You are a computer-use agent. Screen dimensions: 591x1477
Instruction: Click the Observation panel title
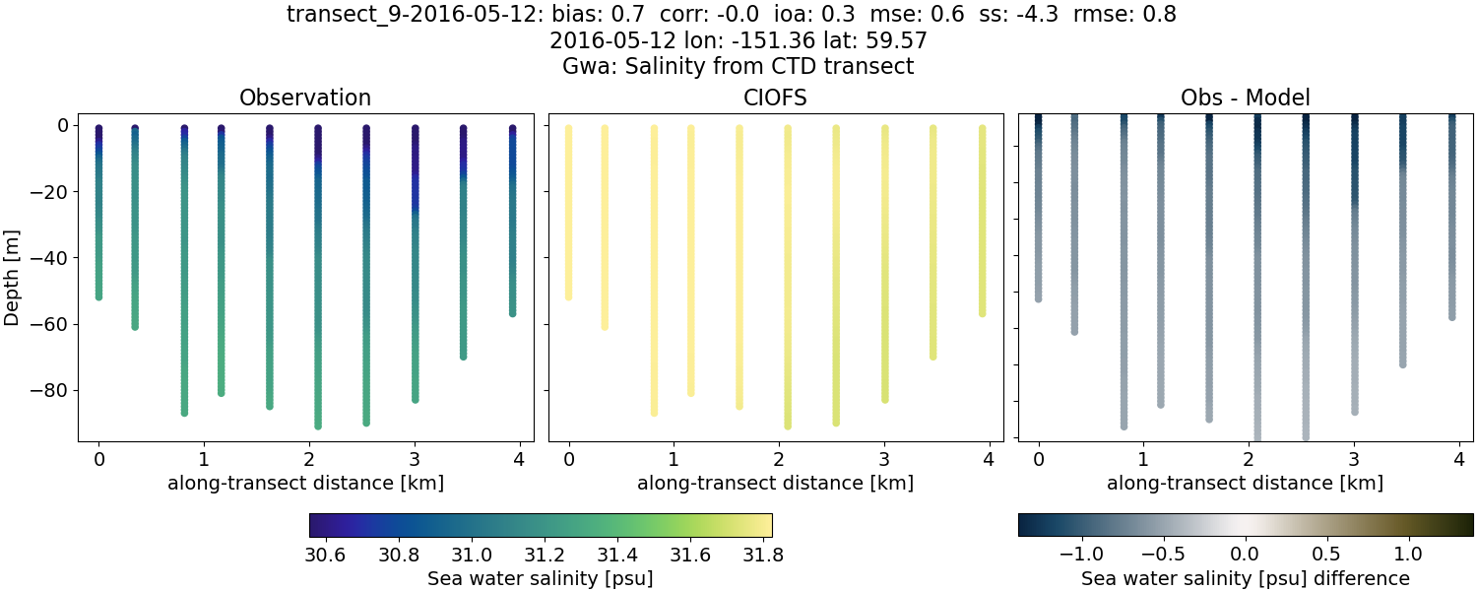(x=305, y=98)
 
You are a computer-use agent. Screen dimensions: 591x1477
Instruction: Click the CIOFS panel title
(x=775, y=98)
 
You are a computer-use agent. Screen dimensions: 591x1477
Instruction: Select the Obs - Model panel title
(x=1245, y=98)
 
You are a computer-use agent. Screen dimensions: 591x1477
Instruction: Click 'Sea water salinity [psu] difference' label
(x=1245, y=578)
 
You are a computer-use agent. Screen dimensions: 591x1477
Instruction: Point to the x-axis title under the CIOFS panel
(x=775, y=483)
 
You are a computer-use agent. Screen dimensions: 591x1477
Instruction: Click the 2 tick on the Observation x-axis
(x=308, y=459)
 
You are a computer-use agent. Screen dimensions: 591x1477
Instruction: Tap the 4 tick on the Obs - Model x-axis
(x=1458, y=459)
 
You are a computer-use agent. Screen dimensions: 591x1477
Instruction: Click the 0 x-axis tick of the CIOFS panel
(x=568, y=459)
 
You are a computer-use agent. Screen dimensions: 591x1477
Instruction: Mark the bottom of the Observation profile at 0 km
(x=98, y=295)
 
